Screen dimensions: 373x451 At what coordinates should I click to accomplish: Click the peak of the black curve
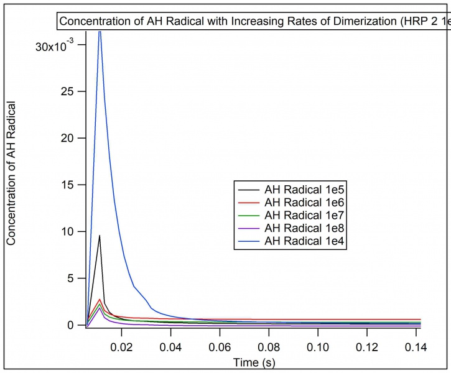coord(100,235)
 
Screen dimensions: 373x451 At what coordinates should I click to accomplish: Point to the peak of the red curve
coord(100,299)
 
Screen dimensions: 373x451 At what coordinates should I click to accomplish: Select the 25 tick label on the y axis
coord(73,91)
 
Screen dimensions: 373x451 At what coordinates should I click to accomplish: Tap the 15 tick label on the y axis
coord(73,185)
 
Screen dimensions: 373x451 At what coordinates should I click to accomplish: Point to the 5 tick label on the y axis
coord(77,279)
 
